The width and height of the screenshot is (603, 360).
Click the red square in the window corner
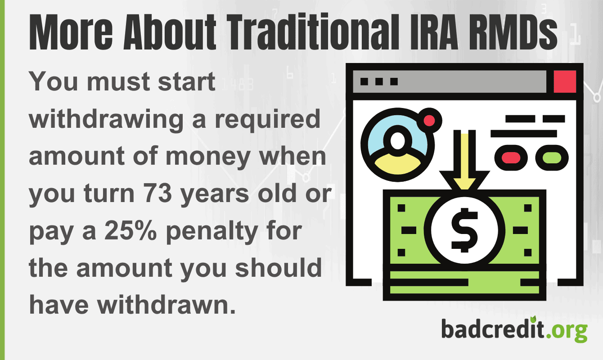click(565, 82)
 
